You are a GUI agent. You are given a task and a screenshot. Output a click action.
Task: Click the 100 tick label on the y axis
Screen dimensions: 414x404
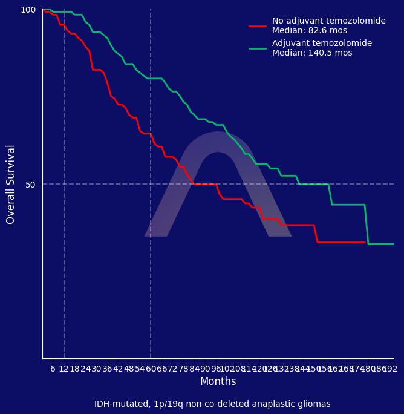(x=28, y=10)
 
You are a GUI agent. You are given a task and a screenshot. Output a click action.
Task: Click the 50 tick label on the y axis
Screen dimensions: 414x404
(x=31, y=184)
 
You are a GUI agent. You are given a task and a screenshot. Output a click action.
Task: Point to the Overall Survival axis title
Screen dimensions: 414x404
(x=11, y=184)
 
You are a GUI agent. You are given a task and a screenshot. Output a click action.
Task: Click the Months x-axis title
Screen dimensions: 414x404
(x=218, y=381)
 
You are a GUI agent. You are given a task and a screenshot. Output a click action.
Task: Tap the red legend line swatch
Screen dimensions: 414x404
(x=258, y=26)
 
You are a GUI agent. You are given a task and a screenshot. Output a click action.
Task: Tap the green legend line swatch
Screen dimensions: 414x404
(x=258, y=48)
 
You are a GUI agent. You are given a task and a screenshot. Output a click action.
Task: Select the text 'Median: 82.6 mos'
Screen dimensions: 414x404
(x=310, y=31)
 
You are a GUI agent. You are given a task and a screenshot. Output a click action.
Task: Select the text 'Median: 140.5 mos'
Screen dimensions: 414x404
(x=312, y=53)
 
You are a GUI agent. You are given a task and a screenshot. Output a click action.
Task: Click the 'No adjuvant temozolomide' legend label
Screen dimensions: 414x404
(x=328, y=21)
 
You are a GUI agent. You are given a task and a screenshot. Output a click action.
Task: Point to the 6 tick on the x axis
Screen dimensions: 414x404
(x=53, y=369)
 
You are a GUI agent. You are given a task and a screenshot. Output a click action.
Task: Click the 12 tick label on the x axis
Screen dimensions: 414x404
(x=64, y=369)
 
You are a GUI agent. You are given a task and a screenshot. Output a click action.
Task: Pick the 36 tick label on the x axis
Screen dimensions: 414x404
(x=107, y=369)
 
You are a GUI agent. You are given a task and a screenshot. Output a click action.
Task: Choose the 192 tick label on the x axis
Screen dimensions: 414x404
(x=390, y=369)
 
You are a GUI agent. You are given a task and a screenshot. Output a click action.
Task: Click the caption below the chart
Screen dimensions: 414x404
(x=212, y=404)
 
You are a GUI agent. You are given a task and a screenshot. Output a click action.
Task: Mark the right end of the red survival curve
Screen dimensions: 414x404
(x=365, y=242)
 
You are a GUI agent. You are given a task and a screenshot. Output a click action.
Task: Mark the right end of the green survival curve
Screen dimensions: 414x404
(x=393, y=244)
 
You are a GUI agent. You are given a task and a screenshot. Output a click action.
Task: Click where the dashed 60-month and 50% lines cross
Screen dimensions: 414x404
(x=151, y=184)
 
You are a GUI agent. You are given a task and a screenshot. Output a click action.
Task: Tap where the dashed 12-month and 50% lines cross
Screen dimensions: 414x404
(x=64, y=184)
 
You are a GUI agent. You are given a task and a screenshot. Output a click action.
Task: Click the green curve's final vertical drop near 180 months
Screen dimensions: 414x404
(x=367, y=224)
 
